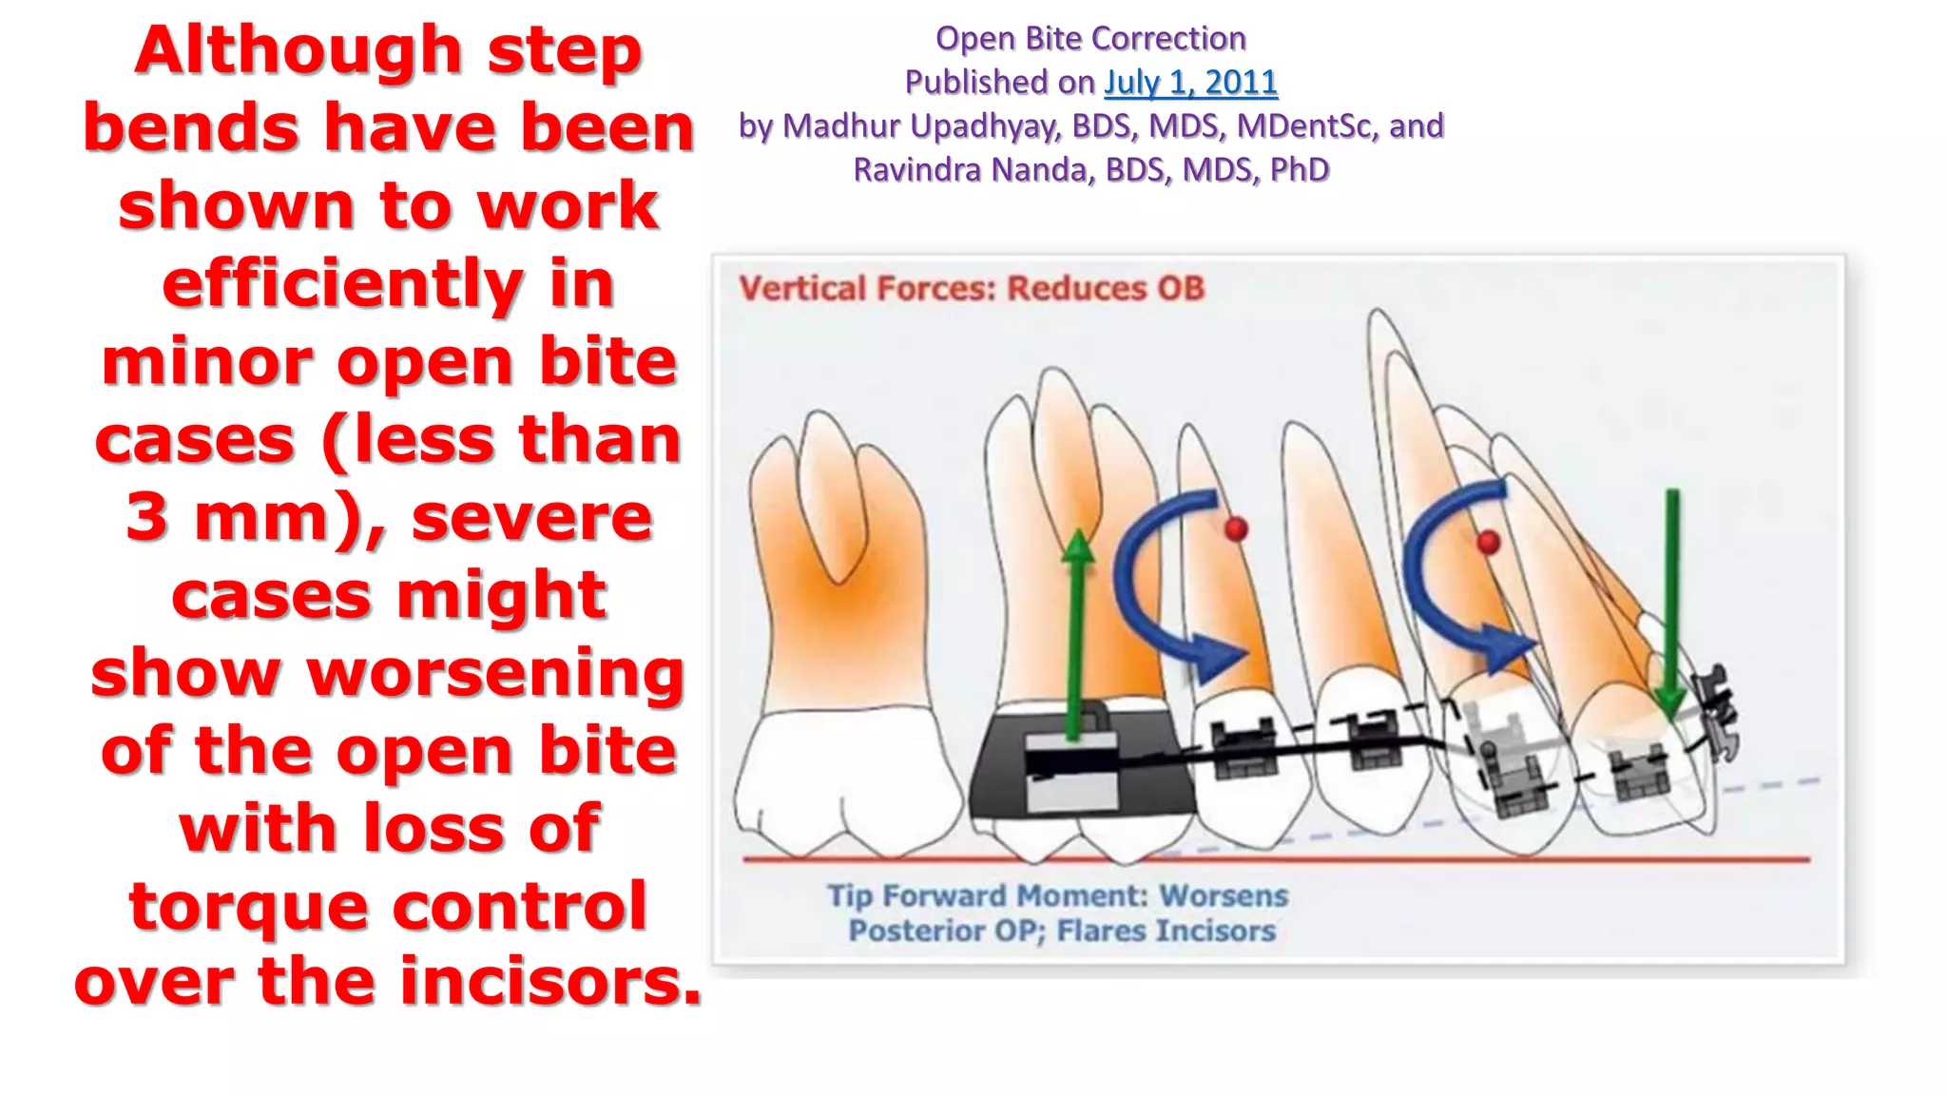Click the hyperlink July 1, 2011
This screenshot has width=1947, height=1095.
[1190, 83]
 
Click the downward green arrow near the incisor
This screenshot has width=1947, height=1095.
[1672, 608]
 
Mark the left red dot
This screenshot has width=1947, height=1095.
[1236, 528]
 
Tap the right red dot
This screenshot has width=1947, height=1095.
[1489, 543]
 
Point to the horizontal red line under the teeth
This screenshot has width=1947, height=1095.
[1274, 859]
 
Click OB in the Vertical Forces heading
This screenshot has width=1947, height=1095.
[1180, 288]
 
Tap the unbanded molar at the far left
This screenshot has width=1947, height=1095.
[837, 665]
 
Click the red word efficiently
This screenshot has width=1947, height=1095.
[342, 284]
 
